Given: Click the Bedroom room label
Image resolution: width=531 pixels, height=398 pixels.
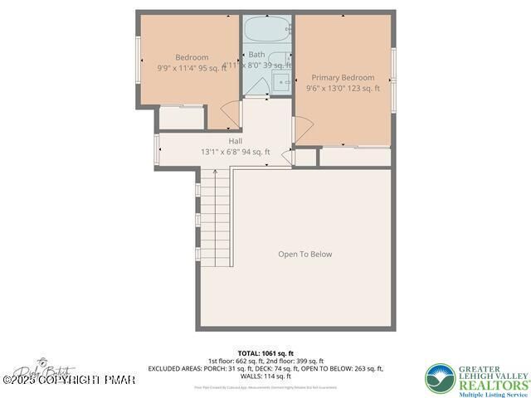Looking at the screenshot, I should pos(192,57).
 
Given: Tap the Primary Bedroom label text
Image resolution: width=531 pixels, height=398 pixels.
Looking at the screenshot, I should pos(343,77).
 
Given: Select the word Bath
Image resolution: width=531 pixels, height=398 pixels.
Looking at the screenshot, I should pos(256,55).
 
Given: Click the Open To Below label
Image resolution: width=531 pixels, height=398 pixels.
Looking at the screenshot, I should pos(304,255).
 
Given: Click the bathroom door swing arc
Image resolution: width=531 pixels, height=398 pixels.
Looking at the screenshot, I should pos(259,85).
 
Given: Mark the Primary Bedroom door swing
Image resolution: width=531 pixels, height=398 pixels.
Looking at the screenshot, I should pos(302,129).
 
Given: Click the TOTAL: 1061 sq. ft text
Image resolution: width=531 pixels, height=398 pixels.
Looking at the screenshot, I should pos(265,352).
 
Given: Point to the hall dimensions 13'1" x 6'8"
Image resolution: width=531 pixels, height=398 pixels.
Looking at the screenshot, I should pos(218,152).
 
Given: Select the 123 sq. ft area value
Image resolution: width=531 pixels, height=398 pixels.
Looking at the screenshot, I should pos(359,88).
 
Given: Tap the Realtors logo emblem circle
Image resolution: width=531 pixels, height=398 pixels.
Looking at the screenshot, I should pos(441,378).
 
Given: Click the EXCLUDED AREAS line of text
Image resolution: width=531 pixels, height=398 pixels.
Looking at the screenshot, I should pos(265,368).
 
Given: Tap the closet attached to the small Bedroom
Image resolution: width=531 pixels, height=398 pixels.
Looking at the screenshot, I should pos(181,117).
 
